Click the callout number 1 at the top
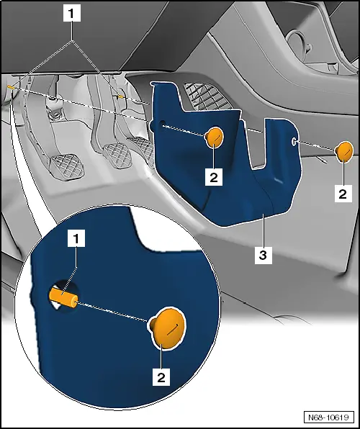coord(72,14)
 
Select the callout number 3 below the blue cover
coord(264,256)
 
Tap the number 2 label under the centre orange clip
coord(214,178)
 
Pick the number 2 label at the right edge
coord(343,194)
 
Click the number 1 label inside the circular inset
coord(76,238)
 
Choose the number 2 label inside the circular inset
coord(161,377)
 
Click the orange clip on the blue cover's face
coord(214,137)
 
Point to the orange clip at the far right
coord(344,151)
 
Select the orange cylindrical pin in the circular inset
coord(63,299)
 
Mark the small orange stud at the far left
coord(12,87)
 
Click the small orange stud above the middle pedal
coord(120,97)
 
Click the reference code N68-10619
coord(328,417)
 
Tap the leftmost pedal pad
coord(66,166)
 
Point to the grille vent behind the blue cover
coord(207,96)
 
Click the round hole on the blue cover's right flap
coord(293,141)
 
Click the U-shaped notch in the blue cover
coord(256,145)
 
